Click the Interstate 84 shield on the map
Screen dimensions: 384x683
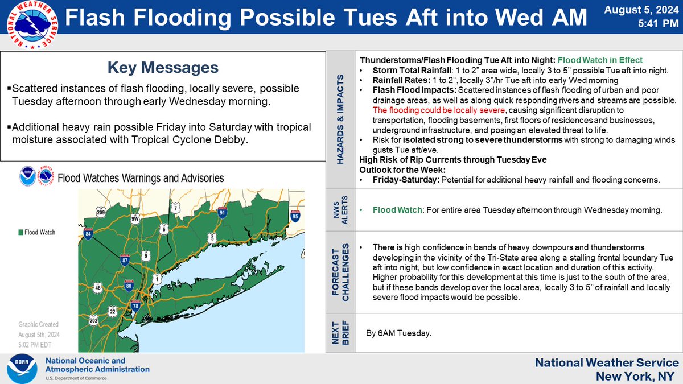88,234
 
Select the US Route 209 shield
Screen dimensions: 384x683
101,213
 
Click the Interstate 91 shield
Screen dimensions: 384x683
221,213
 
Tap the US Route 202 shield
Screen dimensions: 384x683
93,322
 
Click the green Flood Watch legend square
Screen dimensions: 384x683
20,232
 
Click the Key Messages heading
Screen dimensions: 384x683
163,68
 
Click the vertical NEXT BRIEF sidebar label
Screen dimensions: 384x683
340,332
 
